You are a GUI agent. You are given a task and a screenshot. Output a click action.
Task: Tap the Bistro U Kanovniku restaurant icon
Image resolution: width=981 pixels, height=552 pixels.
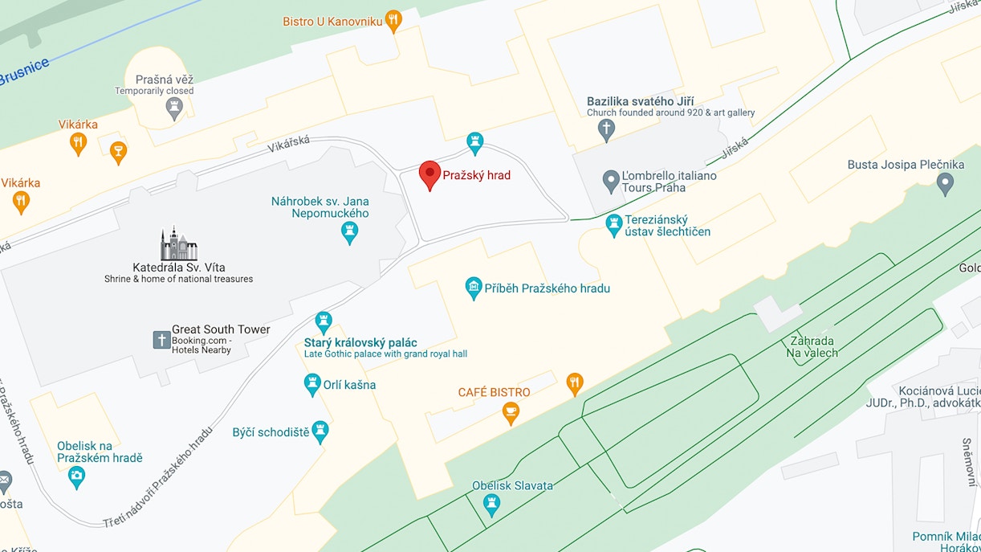[x=393, y=20]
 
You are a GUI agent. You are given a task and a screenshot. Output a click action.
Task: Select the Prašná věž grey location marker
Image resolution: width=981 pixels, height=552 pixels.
[x=174, y=108]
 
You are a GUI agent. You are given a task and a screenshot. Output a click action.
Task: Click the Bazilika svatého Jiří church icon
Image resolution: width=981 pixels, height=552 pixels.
[x=607, y=129]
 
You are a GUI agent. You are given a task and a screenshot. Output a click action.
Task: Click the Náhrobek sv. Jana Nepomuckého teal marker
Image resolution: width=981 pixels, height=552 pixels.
[x=349, y=231]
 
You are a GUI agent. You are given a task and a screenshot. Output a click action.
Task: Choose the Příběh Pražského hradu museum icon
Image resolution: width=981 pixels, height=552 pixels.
[x=474, y=288]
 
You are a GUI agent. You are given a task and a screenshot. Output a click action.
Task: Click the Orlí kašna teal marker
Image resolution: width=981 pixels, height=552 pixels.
[x=313, y=384]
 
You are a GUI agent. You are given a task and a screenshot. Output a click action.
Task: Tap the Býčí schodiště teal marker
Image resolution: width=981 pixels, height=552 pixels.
[x=320, y=431]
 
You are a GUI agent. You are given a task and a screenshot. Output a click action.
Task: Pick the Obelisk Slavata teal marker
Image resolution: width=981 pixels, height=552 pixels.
[x=491, y=505]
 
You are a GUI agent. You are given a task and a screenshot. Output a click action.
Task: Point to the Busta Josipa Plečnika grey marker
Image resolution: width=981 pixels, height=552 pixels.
[x=946, y=183]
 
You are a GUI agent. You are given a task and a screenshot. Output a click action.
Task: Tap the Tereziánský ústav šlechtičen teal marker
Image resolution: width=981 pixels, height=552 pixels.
[x=614, y=224]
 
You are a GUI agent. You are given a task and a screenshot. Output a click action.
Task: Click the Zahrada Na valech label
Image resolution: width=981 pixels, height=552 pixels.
[x=812, y=346]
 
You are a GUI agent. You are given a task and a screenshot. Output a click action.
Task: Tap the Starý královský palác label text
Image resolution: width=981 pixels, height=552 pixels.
[x=360, y=342]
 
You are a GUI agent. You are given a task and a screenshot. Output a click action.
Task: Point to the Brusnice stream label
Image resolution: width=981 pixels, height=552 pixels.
[x=24, y=72]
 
